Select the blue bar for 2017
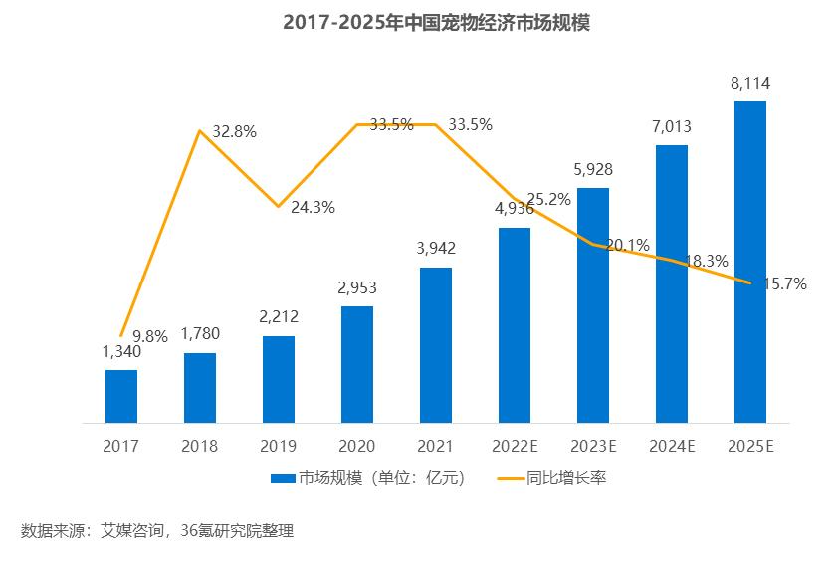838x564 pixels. pos(121,396)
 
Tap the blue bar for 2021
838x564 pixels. pos(436,344)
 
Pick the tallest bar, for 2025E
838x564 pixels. pos(750,262)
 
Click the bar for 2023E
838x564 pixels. pos(593,304)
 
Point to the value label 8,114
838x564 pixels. pos(750,84)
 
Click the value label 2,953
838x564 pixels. pos(357,288)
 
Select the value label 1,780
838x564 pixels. pos(200,334)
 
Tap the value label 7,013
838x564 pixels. pos(672,127)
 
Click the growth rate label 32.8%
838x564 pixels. pos(235,132)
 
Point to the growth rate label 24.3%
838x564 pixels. pos(313,208)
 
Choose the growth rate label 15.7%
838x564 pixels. pos(785,283)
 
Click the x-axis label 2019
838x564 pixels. pos(278,447)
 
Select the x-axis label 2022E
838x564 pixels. pos(515,447)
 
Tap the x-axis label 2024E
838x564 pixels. pos(672,447)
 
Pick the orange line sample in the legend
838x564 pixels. pos(513,478)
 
